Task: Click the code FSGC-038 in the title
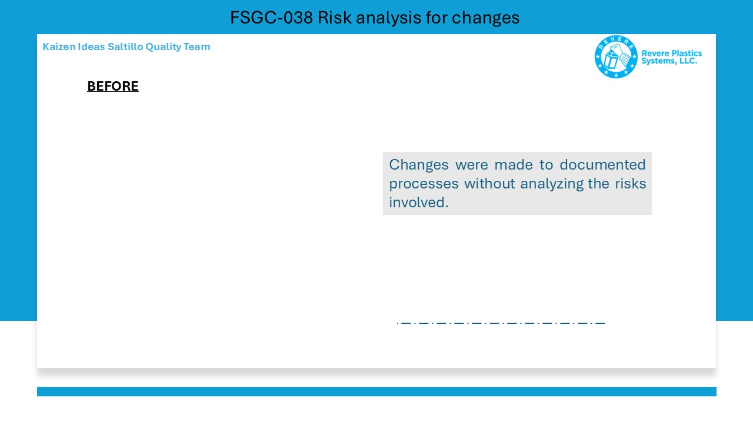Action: pos(271,18)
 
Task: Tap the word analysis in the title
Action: pos(388,18)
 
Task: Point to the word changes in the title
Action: pos(485,18)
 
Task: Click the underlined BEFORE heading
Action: pos(113,86)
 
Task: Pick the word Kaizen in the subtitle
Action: pos(59,47)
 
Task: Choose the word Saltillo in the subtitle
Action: pos(125,47)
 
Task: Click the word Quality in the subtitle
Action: pos(164,47)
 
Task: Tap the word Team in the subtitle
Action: pos(196,47)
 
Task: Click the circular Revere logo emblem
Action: pos(616,57)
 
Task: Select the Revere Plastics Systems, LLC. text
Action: pos(671,57)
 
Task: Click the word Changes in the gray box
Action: pos(418,165)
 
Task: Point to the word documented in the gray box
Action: pos(602,164)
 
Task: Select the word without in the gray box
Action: pos(489,183)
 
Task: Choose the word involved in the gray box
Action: pos(418,202)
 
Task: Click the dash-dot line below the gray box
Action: pos(501,323)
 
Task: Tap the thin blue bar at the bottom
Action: pos(376,392)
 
